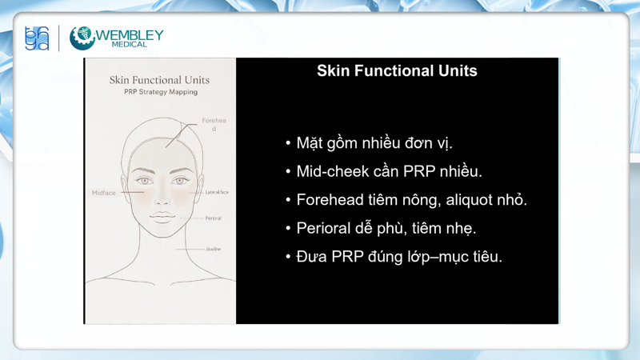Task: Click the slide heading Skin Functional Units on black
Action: pos(397,70)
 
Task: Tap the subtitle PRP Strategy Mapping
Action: pos(160,92)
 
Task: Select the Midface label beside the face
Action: pos(104,193)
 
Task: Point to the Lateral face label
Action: pos(217,193)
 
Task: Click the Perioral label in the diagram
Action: pos(213,218)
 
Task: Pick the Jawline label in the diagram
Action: pos(213,250)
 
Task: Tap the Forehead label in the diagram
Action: pos(214,124)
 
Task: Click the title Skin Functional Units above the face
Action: pos(159,80)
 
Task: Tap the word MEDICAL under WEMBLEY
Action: pos(130,45)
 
